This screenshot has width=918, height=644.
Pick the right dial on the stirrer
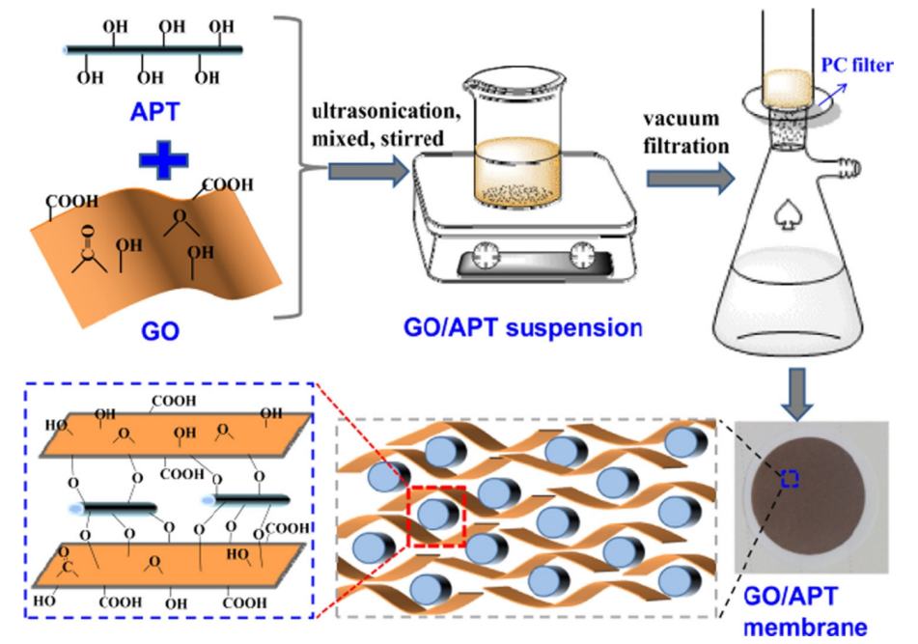(x=582, y=257)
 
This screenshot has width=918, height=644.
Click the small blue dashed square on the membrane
(x=791, y=477)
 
